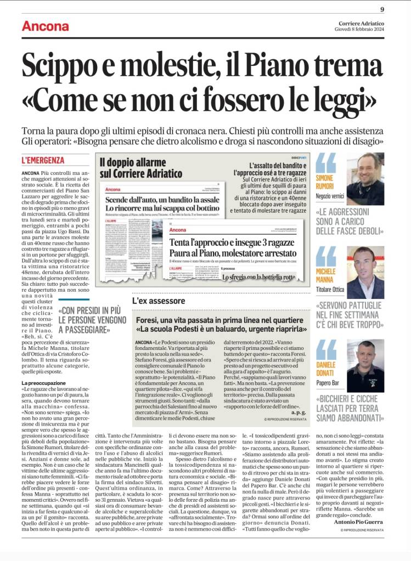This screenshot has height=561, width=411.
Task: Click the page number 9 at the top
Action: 382,9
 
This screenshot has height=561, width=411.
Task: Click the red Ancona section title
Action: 45,26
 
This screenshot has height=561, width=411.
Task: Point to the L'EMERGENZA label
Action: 43,161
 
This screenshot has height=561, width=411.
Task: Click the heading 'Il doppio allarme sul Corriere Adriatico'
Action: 141,168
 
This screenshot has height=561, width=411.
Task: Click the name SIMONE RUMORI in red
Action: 324,182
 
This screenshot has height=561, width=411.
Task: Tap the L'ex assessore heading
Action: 159,301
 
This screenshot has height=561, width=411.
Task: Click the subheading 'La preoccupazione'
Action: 43,366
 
